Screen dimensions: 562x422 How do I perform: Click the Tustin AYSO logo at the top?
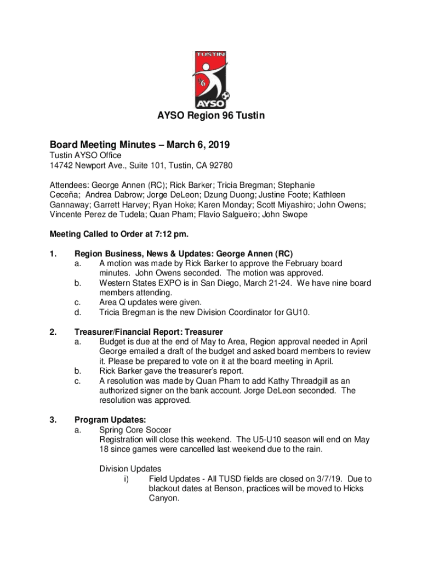(x=211, y=80)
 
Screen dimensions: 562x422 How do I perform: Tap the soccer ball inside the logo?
(x=225, y=98)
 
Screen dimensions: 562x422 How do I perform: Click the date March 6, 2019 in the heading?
(x=196, y=145)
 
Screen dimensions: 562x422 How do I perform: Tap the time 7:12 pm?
(x=170, y=234)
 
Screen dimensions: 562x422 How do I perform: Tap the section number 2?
(x=53, y=332)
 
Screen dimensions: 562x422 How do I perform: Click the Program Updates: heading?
(x=102, y=420)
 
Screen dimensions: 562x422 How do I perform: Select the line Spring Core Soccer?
(x=135, y=430)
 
